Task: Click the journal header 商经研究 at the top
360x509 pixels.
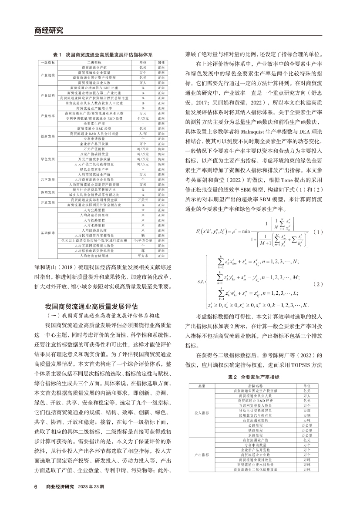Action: click(49, 31)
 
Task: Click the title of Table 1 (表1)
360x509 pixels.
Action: click(103, 56)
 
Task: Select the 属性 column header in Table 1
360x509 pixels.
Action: click(160, 63)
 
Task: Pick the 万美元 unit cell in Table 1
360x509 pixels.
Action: click(142, 199)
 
